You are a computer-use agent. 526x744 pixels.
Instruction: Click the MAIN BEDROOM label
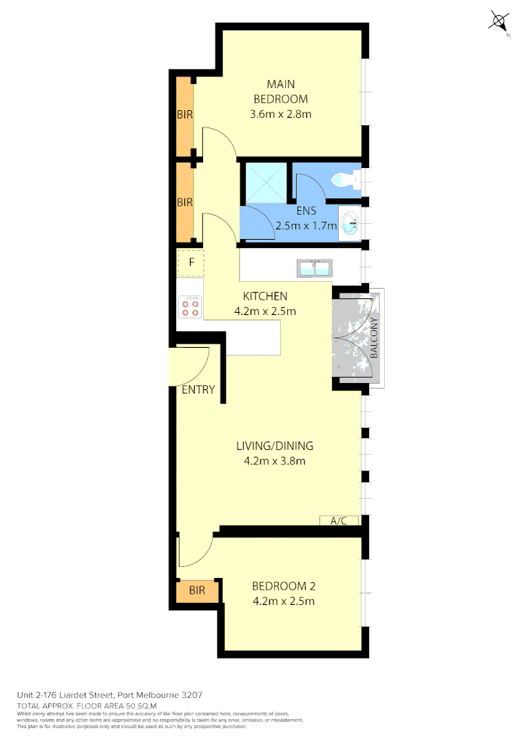tap(280, 92)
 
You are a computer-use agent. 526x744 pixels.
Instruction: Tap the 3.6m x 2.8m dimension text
tap(280, 114)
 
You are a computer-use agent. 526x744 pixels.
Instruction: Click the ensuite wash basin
tap(350, 223)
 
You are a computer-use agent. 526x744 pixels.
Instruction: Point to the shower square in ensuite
tap(264, 180)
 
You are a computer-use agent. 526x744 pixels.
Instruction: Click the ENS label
tap(306, 211)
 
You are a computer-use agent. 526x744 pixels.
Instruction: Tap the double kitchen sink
tap(315, 269)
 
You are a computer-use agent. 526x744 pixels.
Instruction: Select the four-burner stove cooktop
tap(191, 307)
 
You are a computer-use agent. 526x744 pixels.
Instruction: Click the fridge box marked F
tap(191, 262)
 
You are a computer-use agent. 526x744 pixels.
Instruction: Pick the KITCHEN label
tap(265, 296)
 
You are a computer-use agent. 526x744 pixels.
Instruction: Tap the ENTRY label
tap(198, 389)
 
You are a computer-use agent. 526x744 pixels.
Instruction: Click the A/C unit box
tap(339, 521)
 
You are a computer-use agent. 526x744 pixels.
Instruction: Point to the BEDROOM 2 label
tap(283, 586)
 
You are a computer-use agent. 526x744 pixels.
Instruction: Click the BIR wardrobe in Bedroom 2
tap(198, 590)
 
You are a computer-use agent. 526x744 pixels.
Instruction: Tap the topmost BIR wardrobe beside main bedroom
tap(185, 115)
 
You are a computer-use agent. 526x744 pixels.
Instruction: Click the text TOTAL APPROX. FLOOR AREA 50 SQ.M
tap(87, 706)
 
